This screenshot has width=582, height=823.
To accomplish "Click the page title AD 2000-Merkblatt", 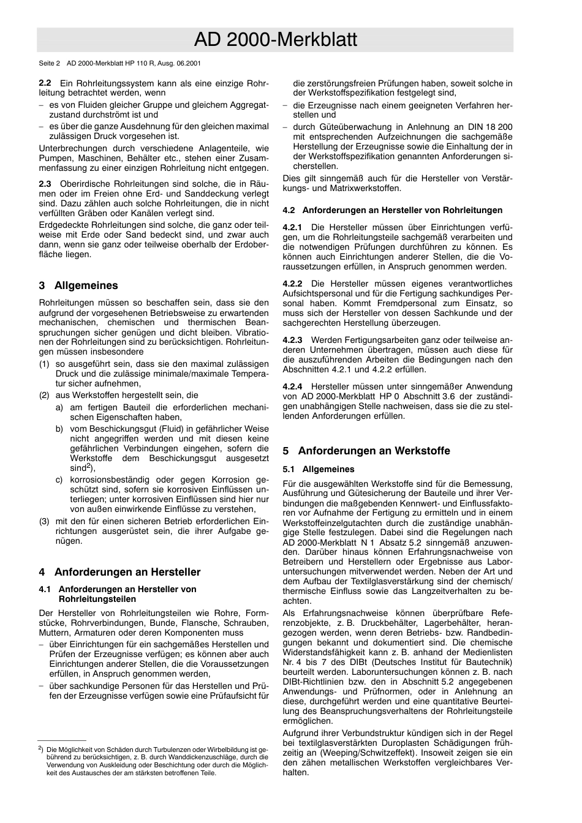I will (x=275, y=40).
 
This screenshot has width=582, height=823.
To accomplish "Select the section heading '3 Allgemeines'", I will (x=78, y=285).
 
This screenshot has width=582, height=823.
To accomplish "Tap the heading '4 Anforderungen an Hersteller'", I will (x=119, y=572).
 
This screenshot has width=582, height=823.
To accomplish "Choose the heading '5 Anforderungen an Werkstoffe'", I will (x=366, y=451).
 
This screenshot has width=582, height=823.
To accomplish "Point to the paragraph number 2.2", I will (x=45, y=83).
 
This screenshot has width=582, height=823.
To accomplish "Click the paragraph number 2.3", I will (x=45, y=184).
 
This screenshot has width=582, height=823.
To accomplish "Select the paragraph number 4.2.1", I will (x=292, y=227).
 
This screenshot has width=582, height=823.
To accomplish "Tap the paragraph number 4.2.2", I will (x=292, y=284).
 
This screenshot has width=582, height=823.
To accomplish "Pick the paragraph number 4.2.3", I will (x=292, y=340).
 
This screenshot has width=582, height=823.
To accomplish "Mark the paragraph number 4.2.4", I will (x=292, y=386).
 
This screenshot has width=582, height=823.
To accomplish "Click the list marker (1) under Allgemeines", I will (x=44, y=364).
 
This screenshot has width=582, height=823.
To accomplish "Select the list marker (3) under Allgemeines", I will (x=44, y=521).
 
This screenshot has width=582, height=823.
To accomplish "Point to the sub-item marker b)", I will (x=59, y=429).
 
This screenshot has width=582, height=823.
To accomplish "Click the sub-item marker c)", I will (x=59, y=479).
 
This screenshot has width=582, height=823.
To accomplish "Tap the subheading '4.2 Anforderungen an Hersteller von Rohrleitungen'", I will (x=392, y=210).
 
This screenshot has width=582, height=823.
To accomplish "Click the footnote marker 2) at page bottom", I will (x=40, y=748).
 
